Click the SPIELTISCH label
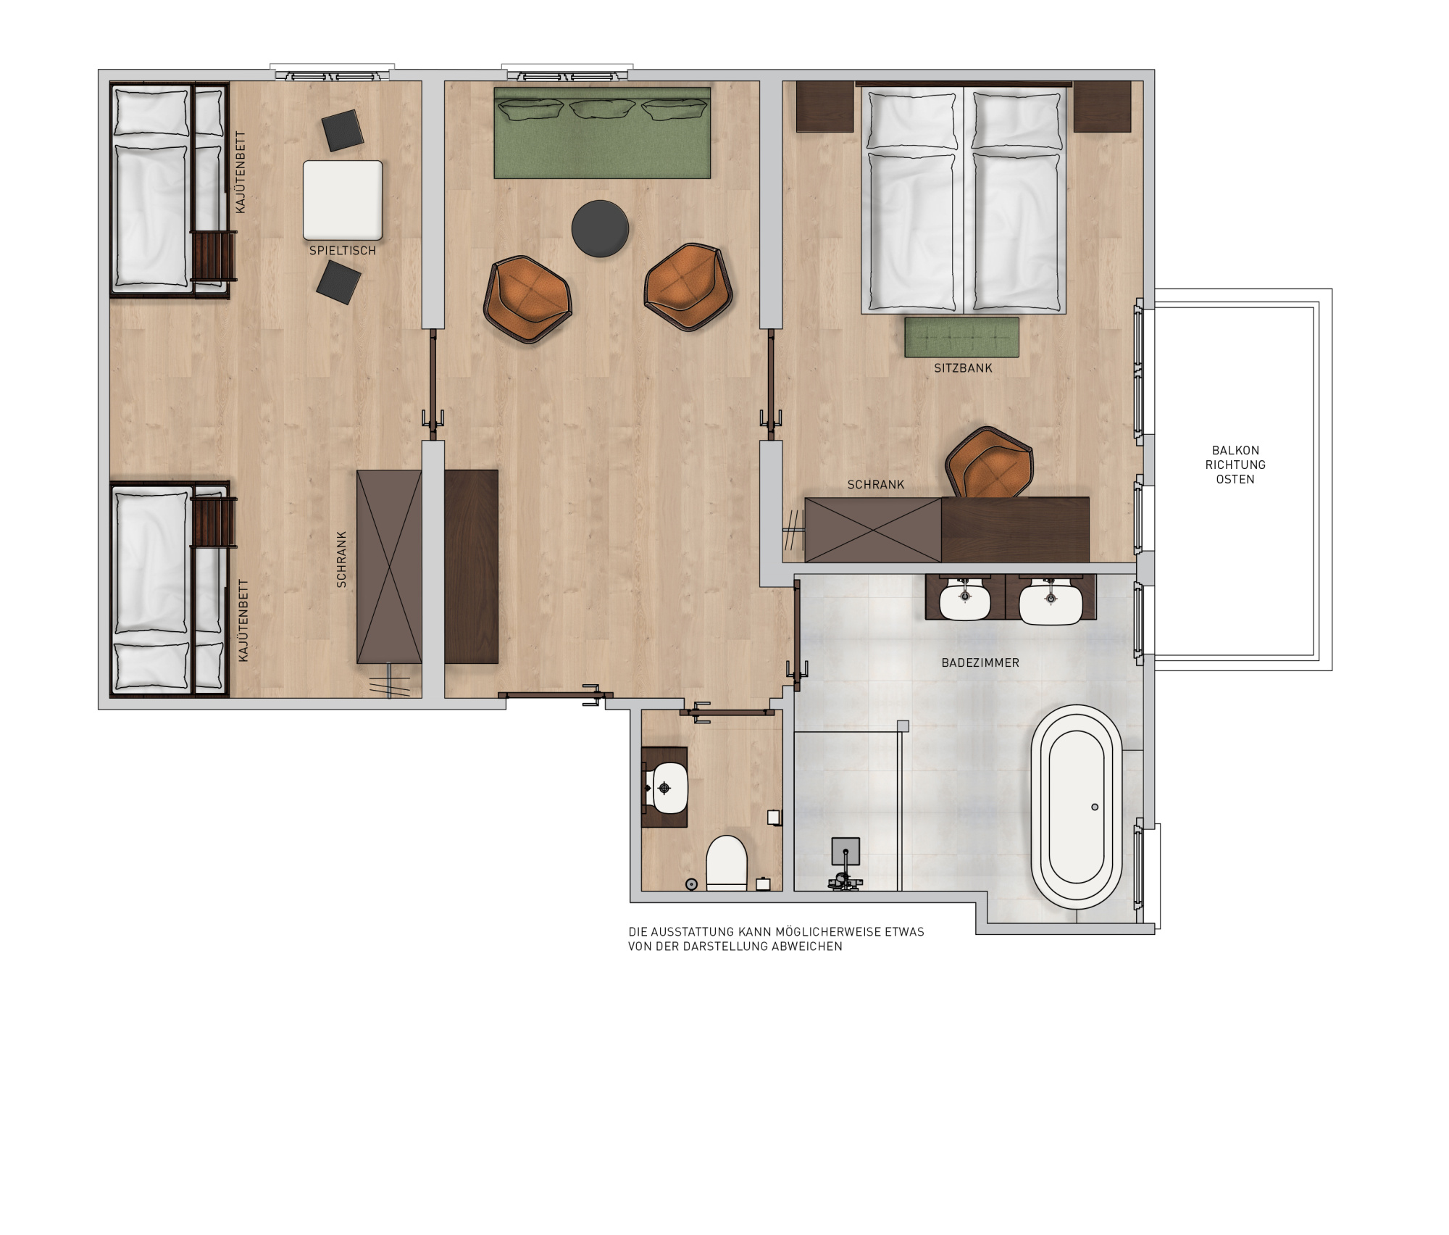tap(343, 251)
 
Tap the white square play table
tap(343, 200)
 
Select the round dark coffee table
tap(600, 228)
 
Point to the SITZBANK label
tap(963, 368)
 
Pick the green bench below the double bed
tap(961, 337)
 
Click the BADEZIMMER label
tap(980, 662)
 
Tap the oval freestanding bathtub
tap(1077, 807)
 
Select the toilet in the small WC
tap(727, 862)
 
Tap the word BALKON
tap(1235, 450)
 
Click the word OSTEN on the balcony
tap(1235, 479)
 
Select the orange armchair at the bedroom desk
tap(990, 463)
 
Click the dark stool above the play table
tap(343, 130)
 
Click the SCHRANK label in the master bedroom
tap(876, 485)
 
